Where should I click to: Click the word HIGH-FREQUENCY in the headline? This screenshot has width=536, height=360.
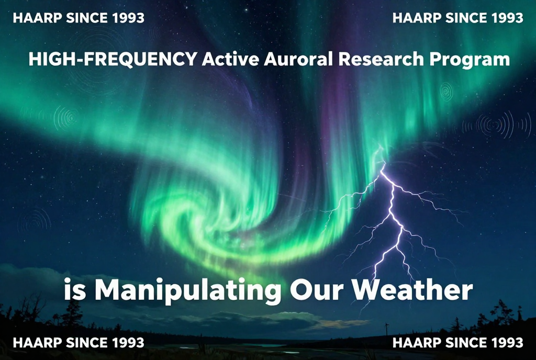113,59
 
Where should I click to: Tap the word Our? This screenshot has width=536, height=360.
317,290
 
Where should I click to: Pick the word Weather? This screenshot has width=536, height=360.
412,290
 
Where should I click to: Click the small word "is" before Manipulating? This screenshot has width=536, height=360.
75,290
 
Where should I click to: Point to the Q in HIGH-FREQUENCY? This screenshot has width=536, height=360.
137,60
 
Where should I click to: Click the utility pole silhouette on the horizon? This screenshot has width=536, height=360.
387,329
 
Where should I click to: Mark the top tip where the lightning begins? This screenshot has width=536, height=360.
384,165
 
